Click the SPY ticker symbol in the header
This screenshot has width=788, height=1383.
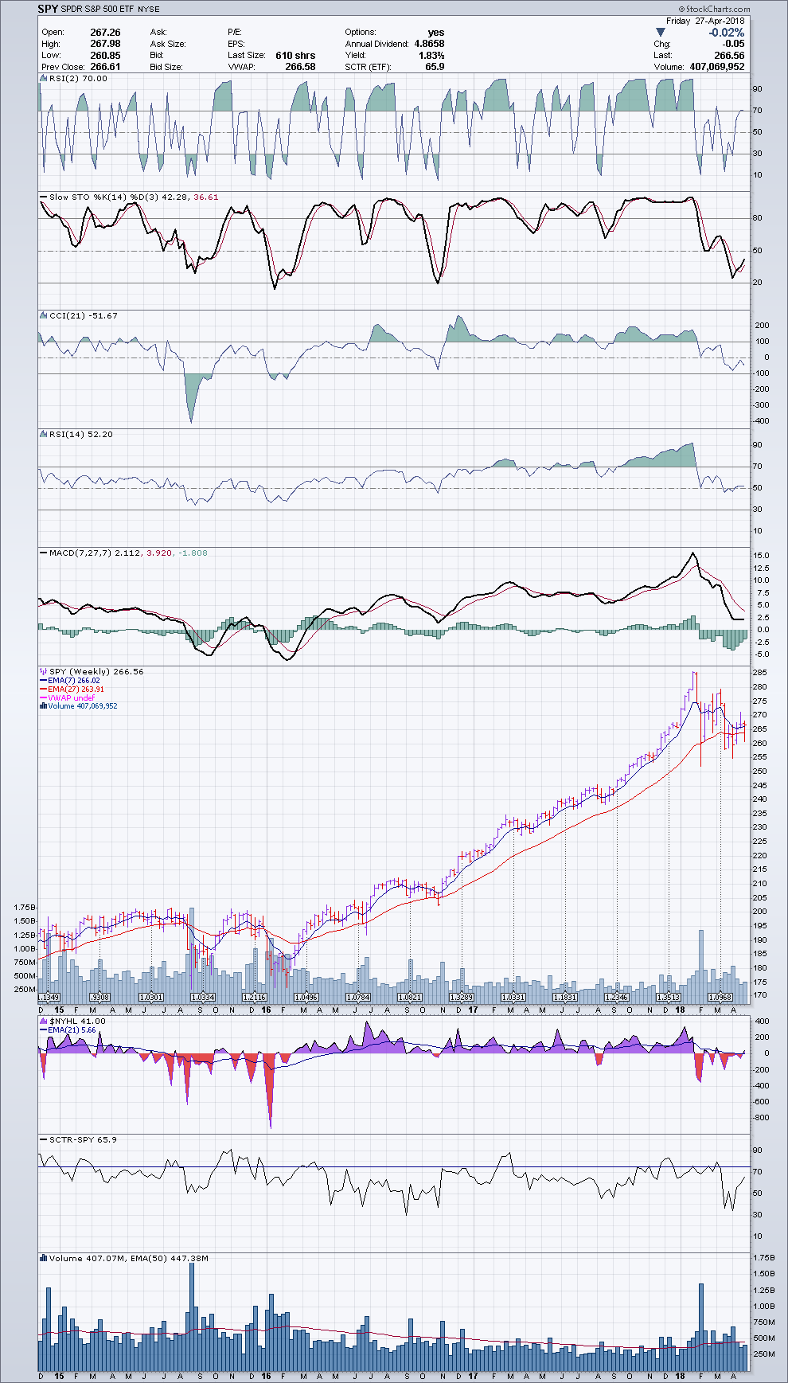tap(48, 9)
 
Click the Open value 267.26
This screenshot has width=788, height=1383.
tap(105, 33)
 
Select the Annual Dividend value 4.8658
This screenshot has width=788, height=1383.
tap(429, 44)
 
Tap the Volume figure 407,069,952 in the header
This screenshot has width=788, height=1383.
tap(716, 67)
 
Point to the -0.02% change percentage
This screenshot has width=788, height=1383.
tap(727, 33)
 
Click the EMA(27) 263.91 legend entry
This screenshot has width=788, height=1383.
tap(76, 690)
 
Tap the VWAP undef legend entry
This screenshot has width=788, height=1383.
tap(71, 698)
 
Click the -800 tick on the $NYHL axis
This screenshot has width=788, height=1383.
tap(761, 1118)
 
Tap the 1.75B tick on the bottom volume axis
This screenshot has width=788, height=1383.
tap(764, 1258)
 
